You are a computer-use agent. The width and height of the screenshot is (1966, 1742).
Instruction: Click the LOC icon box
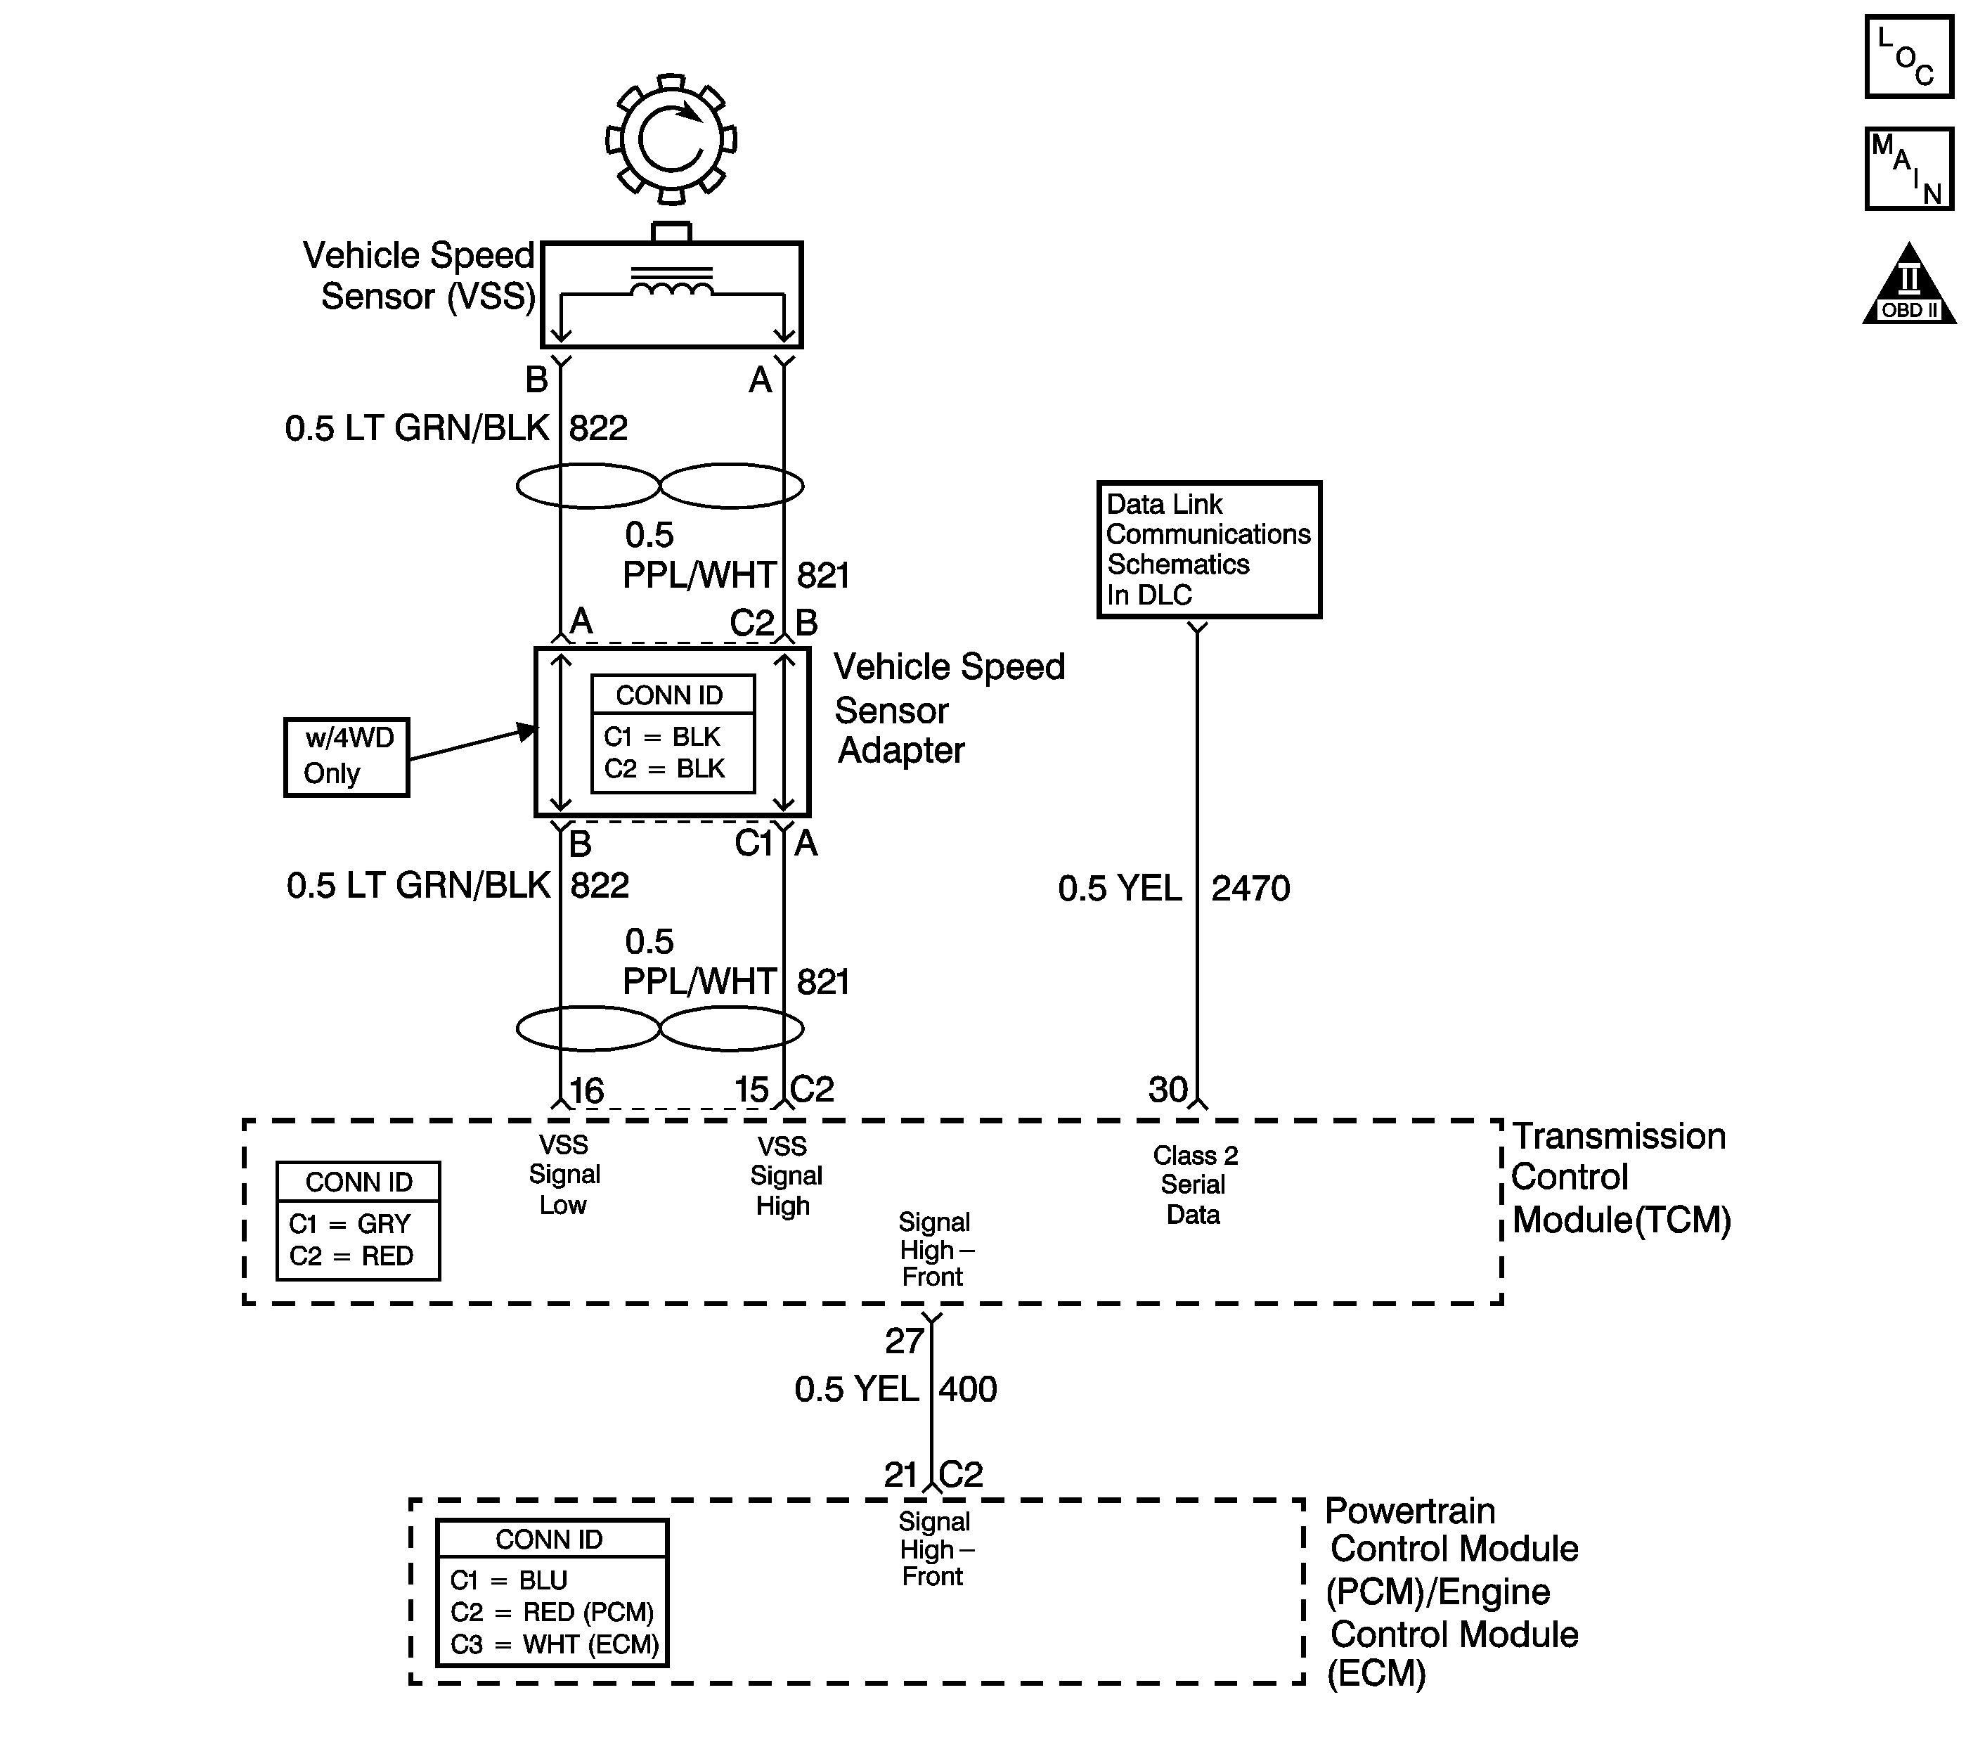click(x=1908, y=56)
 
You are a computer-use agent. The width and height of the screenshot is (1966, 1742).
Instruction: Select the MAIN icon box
click(x=1908, y=168)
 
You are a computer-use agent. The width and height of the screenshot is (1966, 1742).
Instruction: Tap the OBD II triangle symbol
click(x=1909, y=284)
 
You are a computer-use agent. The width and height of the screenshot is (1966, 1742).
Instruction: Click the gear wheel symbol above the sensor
click(x=671, y=139)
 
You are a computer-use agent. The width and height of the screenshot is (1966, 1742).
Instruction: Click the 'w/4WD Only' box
click(x=347, y=757)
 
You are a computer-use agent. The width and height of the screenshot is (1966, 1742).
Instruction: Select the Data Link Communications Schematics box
click(x=1209, y=549)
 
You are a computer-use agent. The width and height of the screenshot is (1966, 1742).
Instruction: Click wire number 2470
click(x=1250, y=888)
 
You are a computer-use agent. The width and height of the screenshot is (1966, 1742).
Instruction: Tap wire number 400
click(x=968, y=1389)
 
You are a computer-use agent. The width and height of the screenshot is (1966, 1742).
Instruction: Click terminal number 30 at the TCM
click(x=1168, y=1090)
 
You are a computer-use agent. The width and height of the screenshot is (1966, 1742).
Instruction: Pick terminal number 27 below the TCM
click(x=904, y=1341)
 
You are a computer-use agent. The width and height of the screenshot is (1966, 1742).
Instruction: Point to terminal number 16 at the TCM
click(x=587, y=1091)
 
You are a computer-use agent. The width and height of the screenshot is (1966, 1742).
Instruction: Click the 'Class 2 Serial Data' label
click(x=1195, y=1185)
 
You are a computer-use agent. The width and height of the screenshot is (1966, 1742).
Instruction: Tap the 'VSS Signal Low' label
click(x=564, y=1175)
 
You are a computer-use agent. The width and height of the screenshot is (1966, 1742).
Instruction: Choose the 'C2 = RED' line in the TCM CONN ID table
click(x=351, y=1256)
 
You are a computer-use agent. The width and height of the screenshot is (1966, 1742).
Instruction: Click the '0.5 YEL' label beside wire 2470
click(x=1120, y=888)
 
